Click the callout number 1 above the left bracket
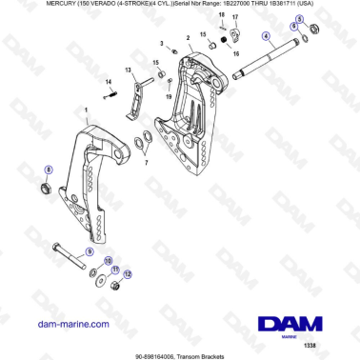tap(87, 110)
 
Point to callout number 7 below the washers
tap(146, 161)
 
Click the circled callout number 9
tap(90, 250)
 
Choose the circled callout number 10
tap(107, 260)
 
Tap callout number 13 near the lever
tap(129, 70)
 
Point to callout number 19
tap(170, 96)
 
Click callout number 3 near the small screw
tap(163, 42)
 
